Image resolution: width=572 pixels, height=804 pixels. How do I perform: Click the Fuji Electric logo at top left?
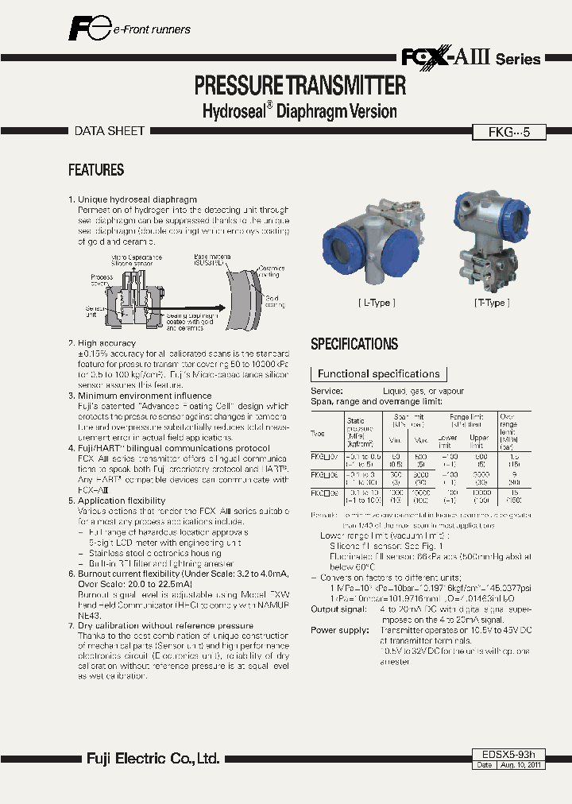coord(87,29)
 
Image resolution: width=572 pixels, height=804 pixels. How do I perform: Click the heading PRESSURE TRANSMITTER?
coord(300,85)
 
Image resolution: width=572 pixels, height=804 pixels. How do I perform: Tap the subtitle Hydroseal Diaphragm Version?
coord(300,111)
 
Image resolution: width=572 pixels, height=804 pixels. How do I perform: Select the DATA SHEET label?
coord(110,131)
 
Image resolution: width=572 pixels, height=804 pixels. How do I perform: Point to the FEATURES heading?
coord(96,170)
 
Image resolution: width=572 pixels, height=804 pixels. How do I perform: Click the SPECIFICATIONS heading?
coord(354,344)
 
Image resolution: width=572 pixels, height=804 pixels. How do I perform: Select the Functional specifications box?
coord(378,373)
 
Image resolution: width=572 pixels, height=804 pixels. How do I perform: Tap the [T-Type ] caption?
coord(492,303)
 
